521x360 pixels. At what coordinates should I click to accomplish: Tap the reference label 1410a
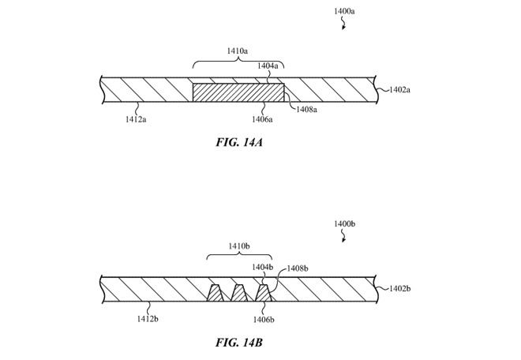pos(238,51)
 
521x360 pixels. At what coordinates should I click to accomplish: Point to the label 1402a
pos(400,91)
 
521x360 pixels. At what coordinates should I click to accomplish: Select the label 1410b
pos(238,246)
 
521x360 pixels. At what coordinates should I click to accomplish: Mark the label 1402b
pos(400,289)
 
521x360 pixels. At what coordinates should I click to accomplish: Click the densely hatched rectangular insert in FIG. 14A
pos(239,93)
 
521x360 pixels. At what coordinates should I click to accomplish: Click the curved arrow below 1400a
pos(343,24)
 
